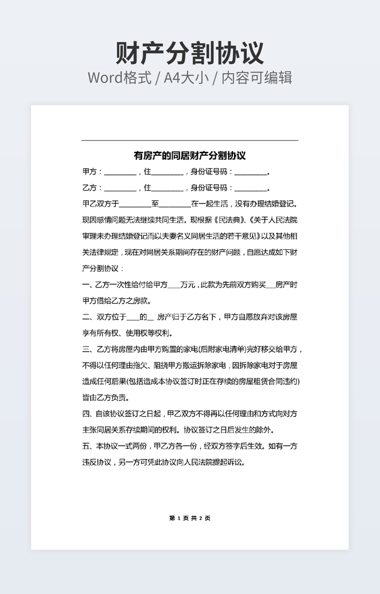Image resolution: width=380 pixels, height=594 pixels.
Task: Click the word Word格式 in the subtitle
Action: (119, 78)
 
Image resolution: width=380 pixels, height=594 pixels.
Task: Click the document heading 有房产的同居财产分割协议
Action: (189, 156)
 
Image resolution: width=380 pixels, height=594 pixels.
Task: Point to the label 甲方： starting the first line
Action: (92, 172)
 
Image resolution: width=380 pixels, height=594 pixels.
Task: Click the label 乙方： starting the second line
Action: (92, 188)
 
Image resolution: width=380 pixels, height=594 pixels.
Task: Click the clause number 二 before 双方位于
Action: (86, 317)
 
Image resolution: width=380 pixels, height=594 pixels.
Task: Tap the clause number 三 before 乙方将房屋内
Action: (86, 349)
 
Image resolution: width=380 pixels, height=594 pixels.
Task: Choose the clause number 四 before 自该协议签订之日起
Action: (86, 414)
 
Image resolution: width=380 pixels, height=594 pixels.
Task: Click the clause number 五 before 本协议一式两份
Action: (86, 446)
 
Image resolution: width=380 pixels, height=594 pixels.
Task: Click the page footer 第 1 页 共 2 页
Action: (189, 518)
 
